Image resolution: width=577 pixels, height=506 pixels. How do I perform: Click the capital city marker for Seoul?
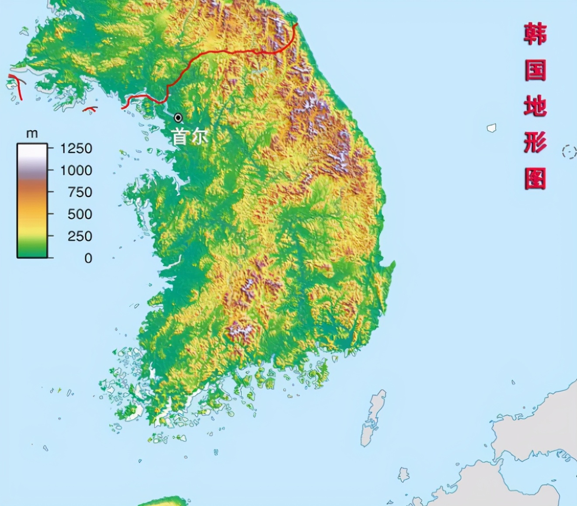[x=178, y=118]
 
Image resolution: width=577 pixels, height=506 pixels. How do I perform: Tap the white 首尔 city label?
[x=189, y=137]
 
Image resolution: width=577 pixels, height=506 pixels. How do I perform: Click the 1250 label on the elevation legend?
[x=76, y=149]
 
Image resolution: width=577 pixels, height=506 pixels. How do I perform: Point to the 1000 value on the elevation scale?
[x=76, y=170]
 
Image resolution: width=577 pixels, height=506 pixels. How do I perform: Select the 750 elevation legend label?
[x=80, y=192]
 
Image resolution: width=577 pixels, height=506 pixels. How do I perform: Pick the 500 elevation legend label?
[x=80, y=214]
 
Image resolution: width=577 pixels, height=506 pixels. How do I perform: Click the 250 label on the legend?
[x=80, y=236]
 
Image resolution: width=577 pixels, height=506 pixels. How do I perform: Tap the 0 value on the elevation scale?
[x=88, y=258]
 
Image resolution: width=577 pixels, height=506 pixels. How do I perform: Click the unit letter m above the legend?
[x=32, y=133]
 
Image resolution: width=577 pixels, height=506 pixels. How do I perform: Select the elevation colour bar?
[x=32, y=201]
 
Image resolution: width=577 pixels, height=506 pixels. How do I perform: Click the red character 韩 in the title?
[x=535, y=34]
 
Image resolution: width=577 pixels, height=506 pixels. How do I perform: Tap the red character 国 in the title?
[x=535, y=70]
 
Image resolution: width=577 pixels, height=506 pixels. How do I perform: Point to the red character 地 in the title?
[x=535, y=106]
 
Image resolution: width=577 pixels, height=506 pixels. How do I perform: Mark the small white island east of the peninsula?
[x=492, y=128]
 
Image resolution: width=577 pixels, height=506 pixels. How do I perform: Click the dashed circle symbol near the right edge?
[x=569, y=152]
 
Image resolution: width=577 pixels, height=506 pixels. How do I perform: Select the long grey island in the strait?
[x=373, y=417]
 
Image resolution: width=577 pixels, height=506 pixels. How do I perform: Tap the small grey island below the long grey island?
[x=403, y=475]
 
